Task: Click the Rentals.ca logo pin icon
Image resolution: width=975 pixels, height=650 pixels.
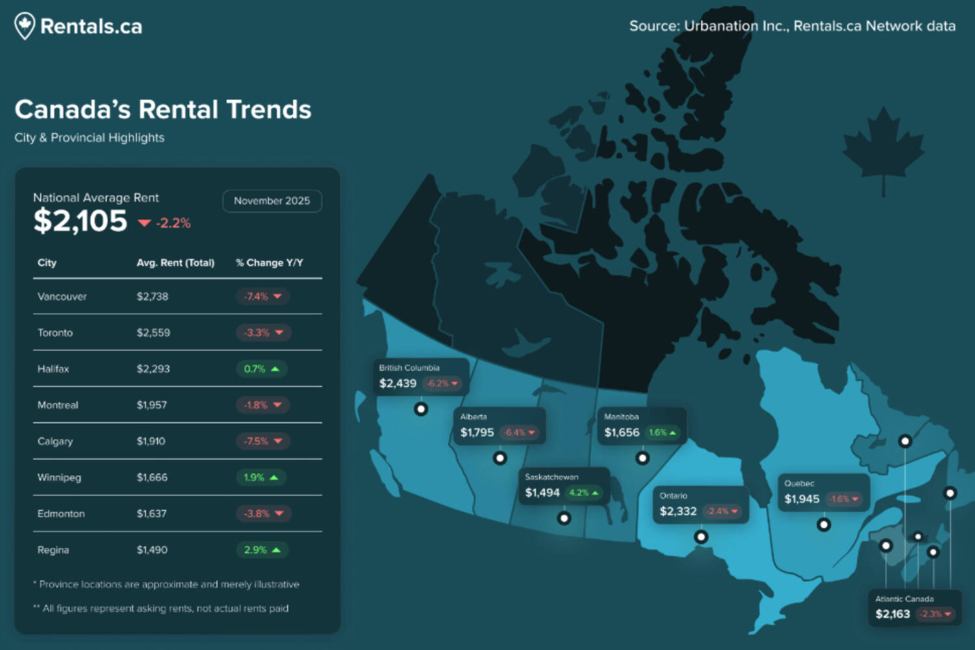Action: (25, 26)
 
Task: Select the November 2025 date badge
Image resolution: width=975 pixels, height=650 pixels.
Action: (272, 201)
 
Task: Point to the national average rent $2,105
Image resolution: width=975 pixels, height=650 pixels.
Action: (81, 221)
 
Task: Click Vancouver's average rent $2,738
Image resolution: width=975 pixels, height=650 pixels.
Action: (152, 296)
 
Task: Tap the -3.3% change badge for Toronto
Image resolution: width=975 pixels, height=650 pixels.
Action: (263, 333)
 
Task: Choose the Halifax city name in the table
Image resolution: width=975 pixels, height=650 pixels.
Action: (53, 369)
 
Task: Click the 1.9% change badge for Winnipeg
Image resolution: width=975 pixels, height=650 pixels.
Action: (261, 478)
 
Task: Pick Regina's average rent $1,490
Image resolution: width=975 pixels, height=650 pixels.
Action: (152, 550)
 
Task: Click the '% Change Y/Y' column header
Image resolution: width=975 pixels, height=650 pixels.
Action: (269, 263)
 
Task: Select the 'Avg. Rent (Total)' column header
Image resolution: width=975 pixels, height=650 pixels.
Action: (175, 263)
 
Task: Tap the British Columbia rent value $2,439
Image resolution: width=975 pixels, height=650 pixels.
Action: (398, 383)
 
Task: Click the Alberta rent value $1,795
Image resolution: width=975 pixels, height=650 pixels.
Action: (477, 433)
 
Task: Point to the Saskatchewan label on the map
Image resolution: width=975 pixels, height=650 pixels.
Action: (552, 477)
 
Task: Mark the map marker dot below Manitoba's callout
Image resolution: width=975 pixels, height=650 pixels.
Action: (642, 458)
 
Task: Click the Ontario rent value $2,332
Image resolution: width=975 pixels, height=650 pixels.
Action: (678, 512)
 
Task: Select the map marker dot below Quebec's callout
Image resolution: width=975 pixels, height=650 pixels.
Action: (824, 525)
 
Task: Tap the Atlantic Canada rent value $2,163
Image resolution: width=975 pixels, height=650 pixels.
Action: (892, 614)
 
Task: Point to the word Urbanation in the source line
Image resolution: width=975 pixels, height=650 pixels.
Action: (721, 26)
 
